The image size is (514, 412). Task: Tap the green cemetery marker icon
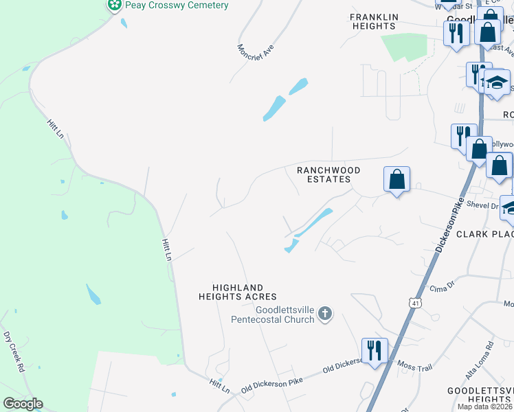click(115, 5)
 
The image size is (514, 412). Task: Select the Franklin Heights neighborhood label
click(373, 21)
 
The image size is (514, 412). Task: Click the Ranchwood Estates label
click(324, 174)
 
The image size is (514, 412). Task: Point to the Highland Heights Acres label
click(238, 292)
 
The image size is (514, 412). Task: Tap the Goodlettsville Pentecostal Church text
click(272, 314)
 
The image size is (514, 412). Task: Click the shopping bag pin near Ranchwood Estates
click(396, 179)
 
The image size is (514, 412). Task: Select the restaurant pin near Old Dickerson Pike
click(375, 350)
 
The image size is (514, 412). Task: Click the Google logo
click(23, 404)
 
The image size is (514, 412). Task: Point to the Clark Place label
click(484, 234)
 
